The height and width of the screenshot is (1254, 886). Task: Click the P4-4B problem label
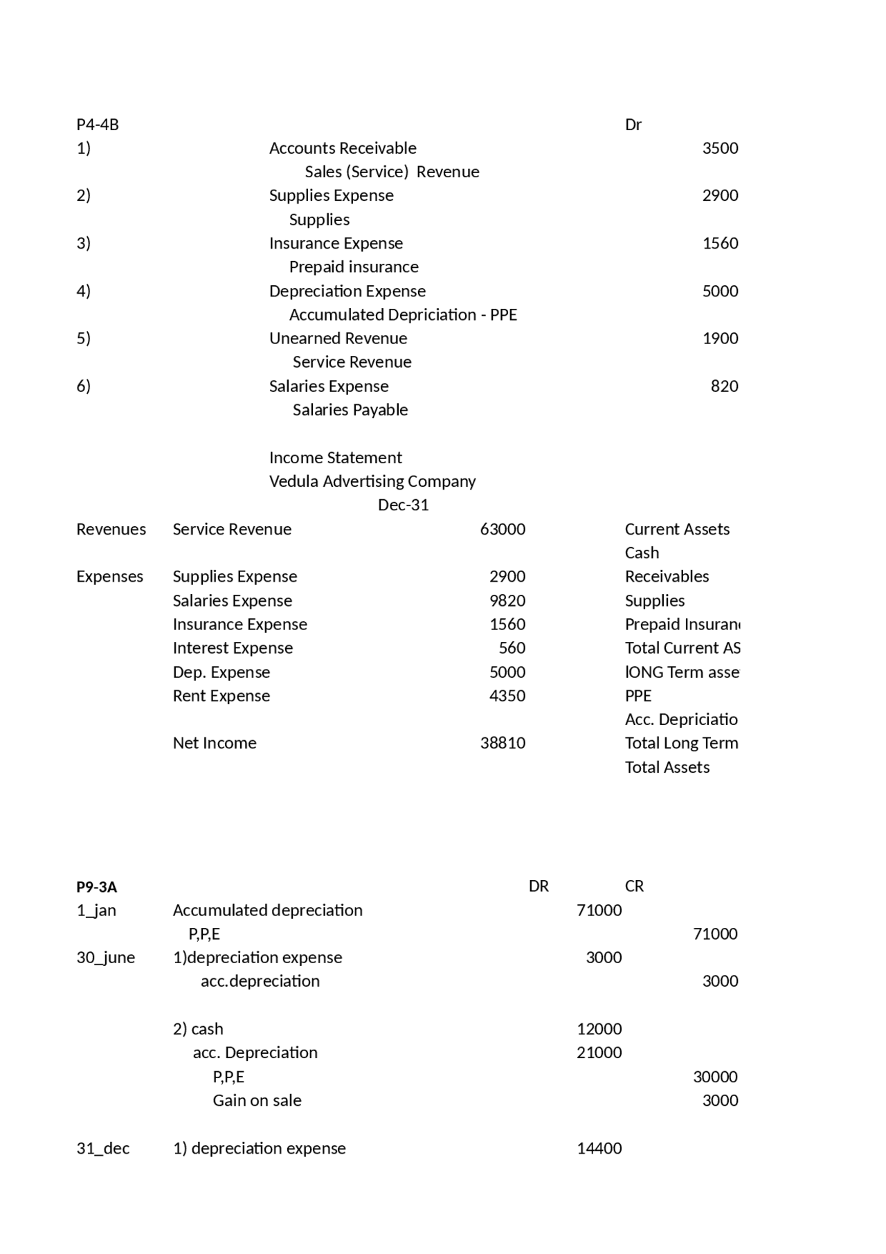98,125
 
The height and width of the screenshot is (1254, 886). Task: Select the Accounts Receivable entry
343,148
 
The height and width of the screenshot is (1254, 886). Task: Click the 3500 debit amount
720,148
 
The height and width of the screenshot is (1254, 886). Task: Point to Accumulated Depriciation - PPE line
403,315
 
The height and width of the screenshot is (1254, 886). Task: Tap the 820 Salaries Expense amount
724,386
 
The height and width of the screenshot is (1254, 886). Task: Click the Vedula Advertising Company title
372,481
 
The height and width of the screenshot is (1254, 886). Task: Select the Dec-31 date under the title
403,505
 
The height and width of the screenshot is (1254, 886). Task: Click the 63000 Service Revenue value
503,530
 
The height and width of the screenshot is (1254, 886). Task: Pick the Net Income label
215,743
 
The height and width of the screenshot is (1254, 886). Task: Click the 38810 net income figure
503,743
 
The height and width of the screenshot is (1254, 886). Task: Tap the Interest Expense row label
233,648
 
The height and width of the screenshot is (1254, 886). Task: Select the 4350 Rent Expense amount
507,696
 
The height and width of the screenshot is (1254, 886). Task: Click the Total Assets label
667,767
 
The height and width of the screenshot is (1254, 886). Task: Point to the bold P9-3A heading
97,887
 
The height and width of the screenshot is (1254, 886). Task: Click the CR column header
634,886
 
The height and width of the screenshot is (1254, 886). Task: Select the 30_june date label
106,958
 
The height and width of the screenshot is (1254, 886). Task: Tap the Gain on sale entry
257,1101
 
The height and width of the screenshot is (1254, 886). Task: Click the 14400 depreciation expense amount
599,1149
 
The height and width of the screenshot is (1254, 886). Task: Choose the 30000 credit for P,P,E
715,1077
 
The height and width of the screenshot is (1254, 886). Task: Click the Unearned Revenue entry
338,339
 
